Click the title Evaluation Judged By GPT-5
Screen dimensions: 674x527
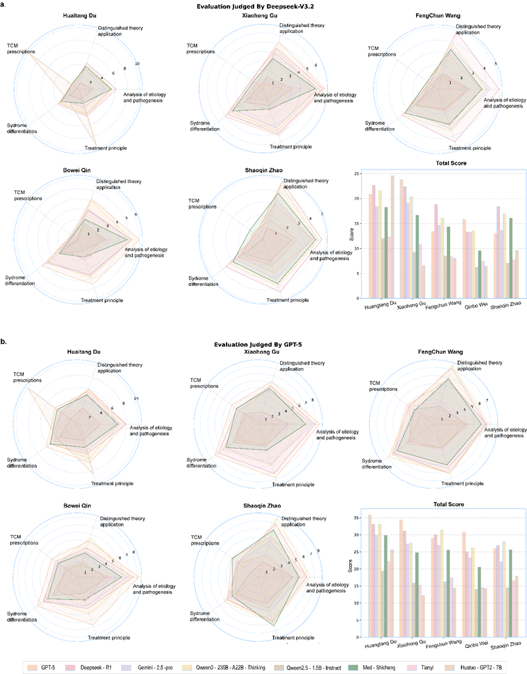(x=263, y=345)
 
